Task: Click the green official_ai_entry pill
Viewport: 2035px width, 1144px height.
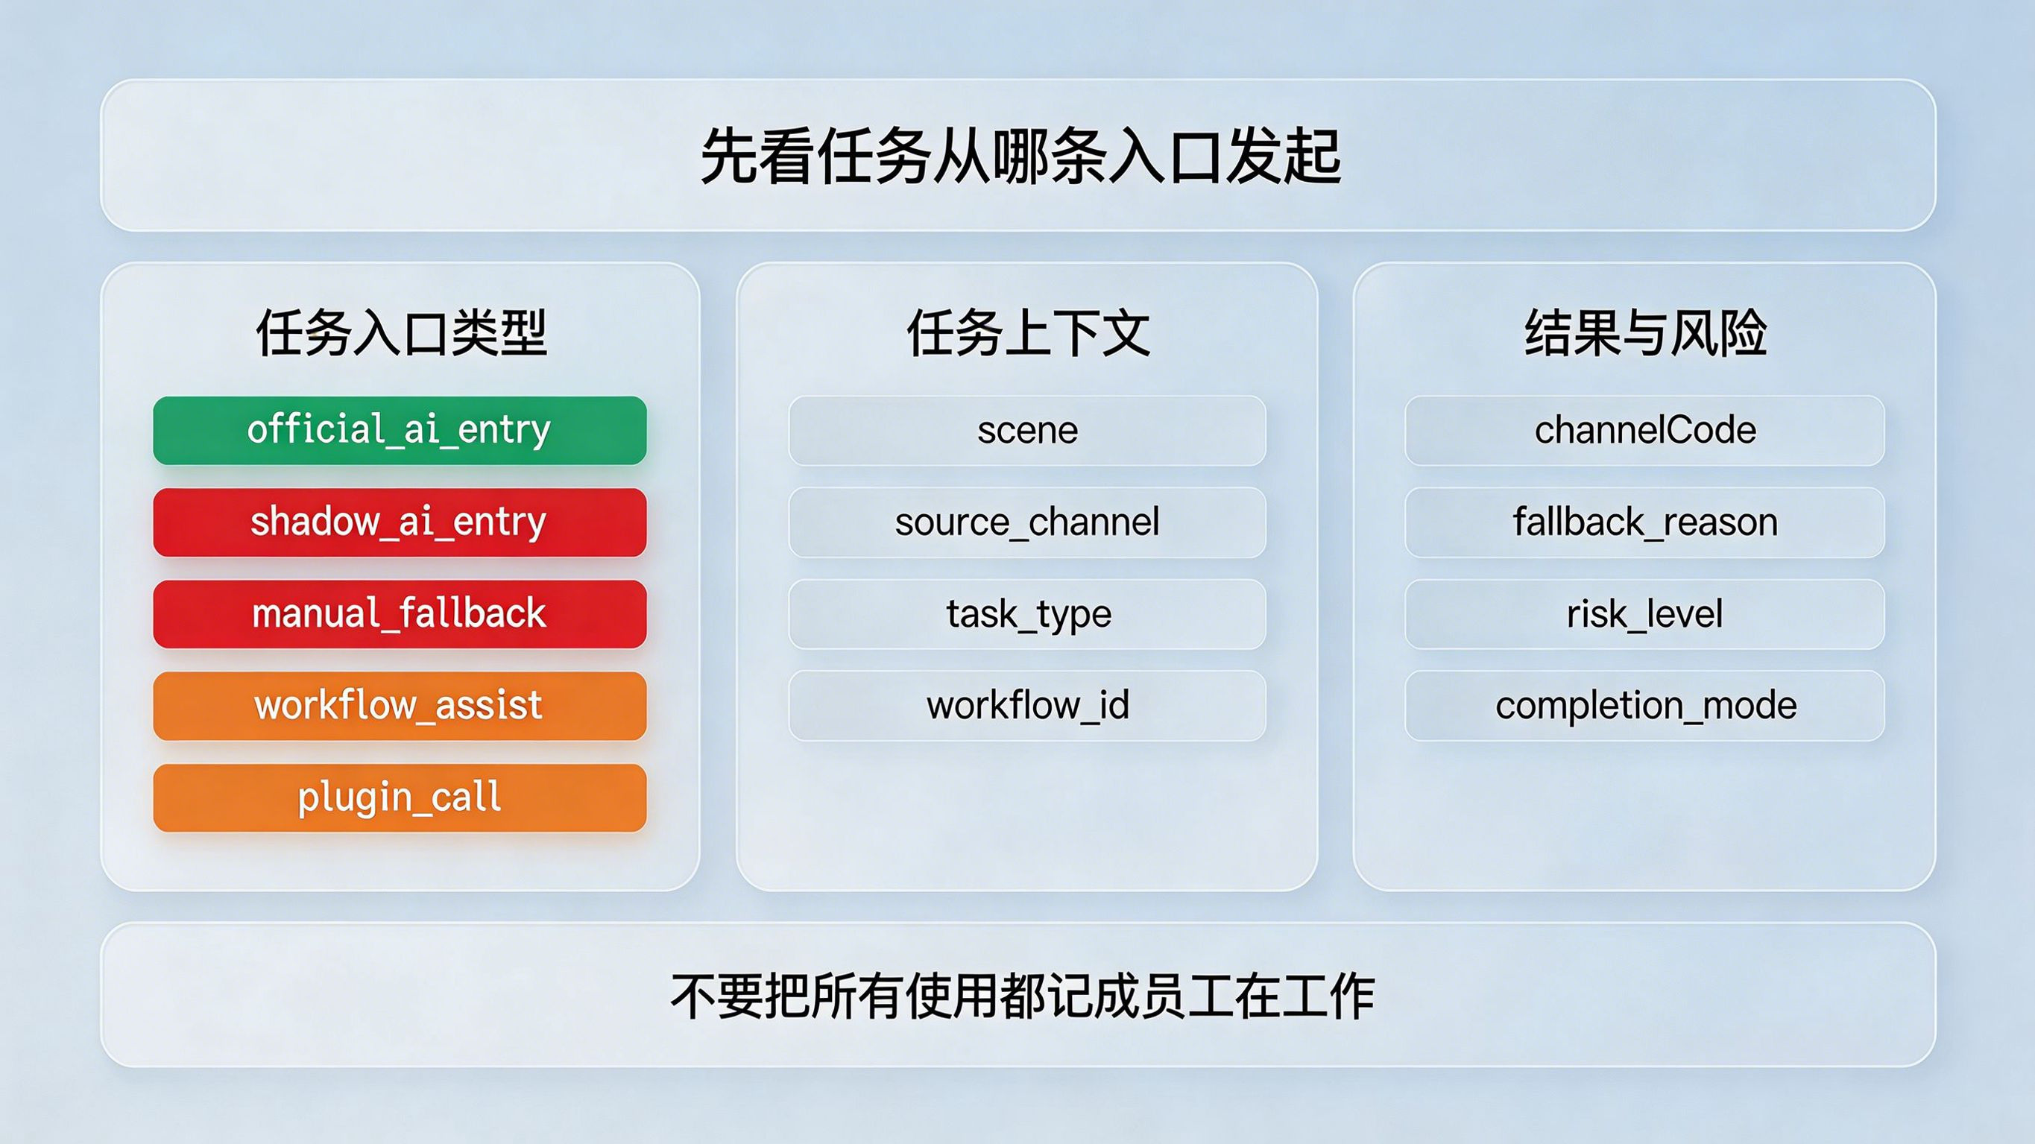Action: [400, 431]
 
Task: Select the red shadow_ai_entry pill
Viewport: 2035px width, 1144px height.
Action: [400, 522]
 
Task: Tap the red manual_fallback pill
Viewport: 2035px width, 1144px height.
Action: [400, 614]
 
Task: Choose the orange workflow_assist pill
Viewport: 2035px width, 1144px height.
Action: [400, 706]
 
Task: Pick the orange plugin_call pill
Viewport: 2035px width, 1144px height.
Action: [400, 797]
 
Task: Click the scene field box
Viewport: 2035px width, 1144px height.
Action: [1027, 431]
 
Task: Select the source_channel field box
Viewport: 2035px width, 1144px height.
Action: [1027, 522]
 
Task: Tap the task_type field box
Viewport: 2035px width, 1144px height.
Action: [1027, 614]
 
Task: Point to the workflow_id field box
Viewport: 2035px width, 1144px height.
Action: [1027, 706]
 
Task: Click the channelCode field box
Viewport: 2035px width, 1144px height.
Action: [1644, 431]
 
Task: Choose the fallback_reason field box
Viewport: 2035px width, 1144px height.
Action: [1644, 522]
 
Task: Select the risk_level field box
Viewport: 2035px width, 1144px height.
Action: [1644, 614]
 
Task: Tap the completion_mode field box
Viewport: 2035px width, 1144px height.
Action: [1644, 706]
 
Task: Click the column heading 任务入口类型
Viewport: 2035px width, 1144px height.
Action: [401, 332]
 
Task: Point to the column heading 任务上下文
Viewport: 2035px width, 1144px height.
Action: [1028, 332]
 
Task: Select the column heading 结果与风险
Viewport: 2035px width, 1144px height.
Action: [1646, 332]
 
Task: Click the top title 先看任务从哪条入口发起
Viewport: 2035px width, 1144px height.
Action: [1020, 157]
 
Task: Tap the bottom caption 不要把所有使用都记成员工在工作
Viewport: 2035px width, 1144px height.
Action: [1022, 996]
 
